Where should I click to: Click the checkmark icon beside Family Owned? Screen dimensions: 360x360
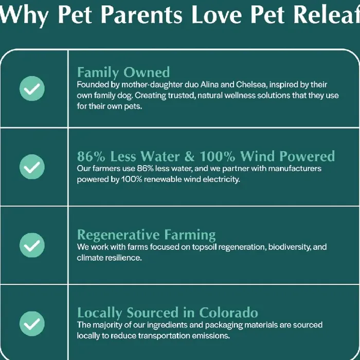click(x=32, y=88)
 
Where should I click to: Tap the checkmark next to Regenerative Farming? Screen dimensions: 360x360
click(x=32, y=245)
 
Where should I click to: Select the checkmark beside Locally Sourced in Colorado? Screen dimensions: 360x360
click(x=32, y=323)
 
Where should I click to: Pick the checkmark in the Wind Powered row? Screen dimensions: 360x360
click(x=32, y=167)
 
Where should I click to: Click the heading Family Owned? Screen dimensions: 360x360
click(x=123, y=73)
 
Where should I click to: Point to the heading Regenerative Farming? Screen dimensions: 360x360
click(x=146, y=235)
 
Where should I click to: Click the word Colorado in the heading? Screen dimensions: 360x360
click(x=228, y=313)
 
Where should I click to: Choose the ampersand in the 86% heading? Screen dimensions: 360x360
click(x=189, y=156)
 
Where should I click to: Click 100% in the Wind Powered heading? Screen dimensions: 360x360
click(x=218, y=156)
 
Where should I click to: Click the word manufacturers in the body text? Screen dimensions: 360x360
click(x=295, y=169)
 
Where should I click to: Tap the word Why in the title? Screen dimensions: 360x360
click(x=24, y=15)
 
